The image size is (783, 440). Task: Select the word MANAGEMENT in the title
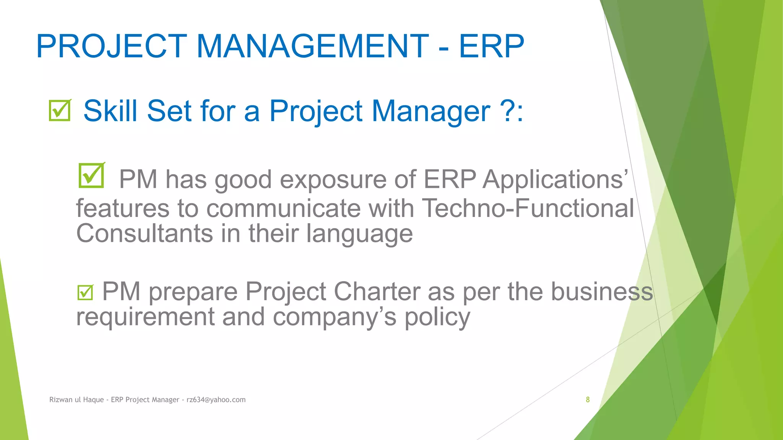tap(312, 46)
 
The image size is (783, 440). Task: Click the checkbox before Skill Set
tap(60, 110)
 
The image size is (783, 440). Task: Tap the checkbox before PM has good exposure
tap(91, 175)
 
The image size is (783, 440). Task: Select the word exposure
tap(333, 180)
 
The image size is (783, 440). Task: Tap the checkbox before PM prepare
tap(85, 293)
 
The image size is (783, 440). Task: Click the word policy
tap(437, 318)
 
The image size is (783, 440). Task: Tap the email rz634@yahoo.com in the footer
tap(216, 400)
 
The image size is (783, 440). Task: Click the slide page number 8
tap(588, 400)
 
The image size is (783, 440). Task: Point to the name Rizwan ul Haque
tap(76, 400)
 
